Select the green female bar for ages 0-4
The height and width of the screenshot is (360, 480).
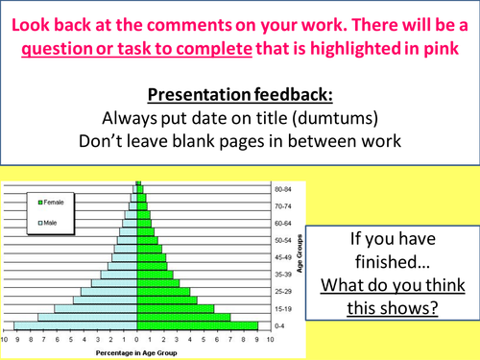[198, 325]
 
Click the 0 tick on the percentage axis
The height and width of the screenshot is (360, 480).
[137, 339]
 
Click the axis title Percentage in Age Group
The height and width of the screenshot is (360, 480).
[137, 352]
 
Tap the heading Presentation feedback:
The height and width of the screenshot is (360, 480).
[239, 96]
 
